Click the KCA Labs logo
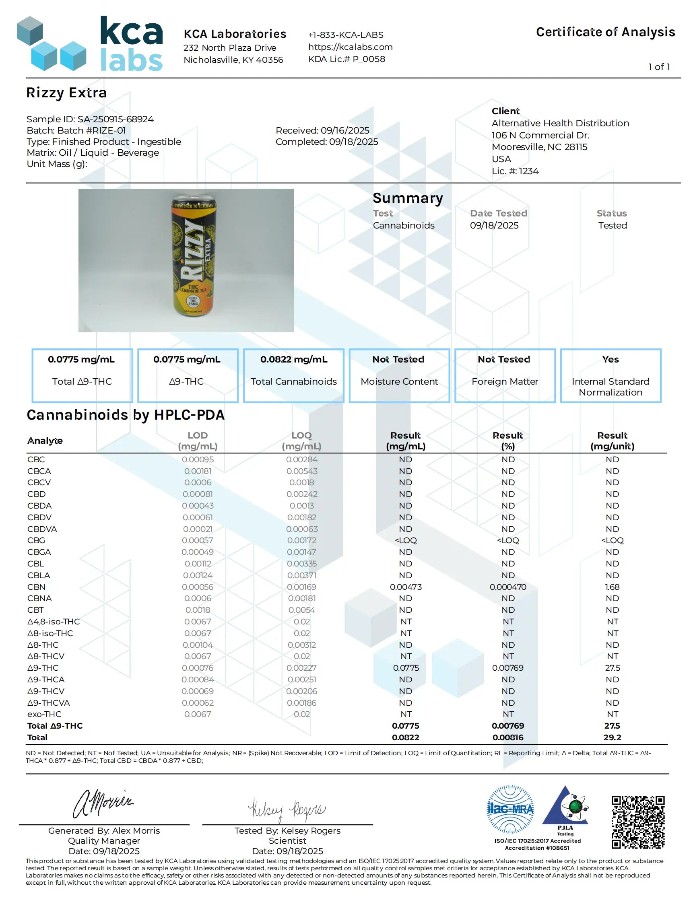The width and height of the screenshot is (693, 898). (90, 43)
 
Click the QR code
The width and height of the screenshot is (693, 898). (637, 822)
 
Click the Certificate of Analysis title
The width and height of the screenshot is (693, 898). (605, 32)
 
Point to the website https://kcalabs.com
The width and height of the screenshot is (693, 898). (351, 47)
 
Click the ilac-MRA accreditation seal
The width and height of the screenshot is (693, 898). (510, 809)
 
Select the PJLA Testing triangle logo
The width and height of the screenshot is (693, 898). (565, 808)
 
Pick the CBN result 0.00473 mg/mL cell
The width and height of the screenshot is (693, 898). (406, 587)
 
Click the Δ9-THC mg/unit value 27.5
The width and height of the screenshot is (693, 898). (612, 668)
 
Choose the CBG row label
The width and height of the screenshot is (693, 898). (36, 540)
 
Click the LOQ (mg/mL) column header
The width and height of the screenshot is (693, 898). (301, 441)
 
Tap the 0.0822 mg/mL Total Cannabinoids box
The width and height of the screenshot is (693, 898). (294, 375)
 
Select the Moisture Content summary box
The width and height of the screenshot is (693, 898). (399, 375)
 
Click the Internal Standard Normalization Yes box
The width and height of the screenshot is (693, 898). (610, 375)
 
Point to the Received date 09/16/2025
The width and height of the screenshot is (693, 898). (322, 130)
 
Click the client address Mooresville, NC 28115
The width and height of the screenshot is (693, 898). (539, 147)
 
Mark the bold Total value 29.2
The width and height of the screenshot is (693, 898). (612, 737)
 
